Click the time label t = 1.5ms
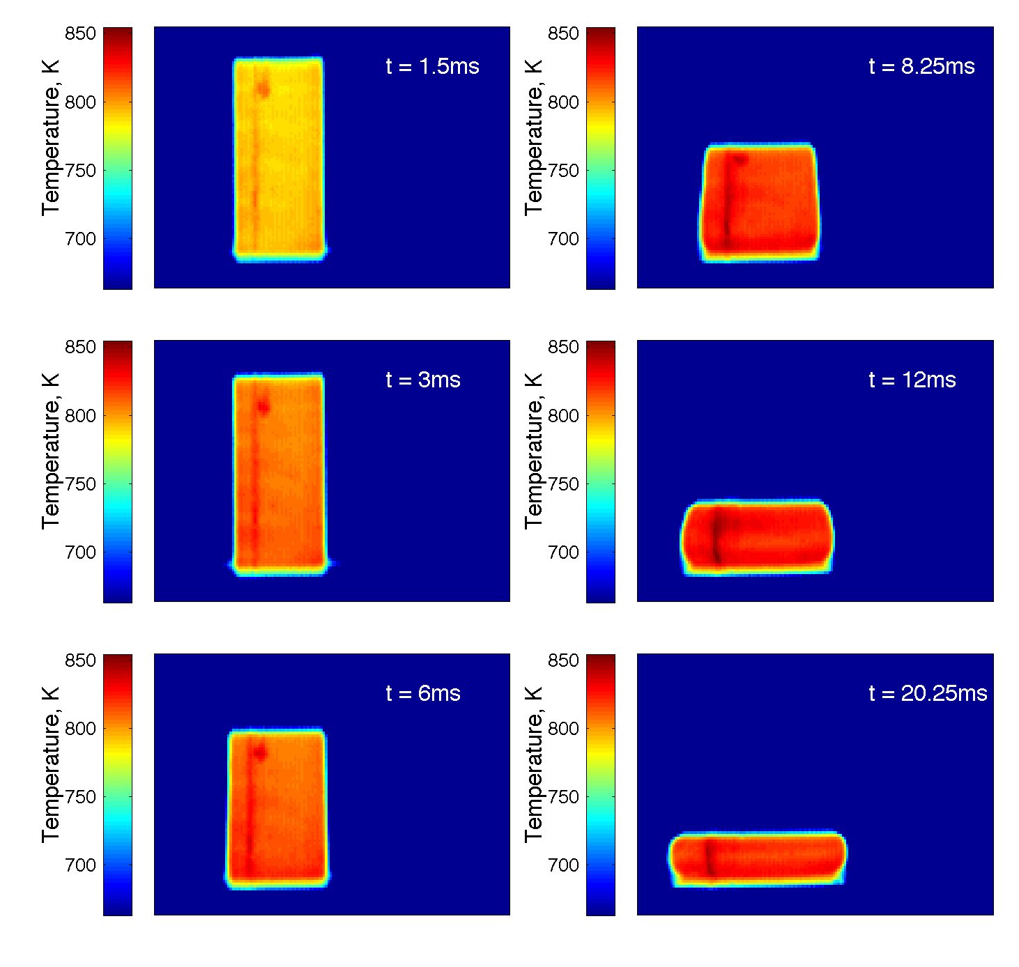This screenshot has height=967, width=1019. pyautogui.click(x=432, y=67)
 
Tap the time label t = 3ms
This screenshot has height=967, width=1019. pyautogui.click(x=423, y=380)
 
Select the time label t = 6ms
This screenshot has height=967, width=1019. pyautogui.click(x=423, y=694)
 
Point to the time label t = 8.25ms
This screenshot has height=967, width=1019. pyautogui.click(x=921, y=67)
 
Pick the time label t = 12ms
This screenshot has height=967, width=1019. pyautogui.click(x=912, y=380)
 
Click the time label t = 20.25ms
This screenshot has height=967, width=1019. pyautogui.click(x=928, y=694)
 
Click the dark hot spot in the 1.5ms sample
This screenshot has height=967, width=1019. pyautogui.click(x=263, y=89)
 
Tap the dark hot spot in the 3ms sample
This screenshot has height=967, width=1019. pyautogui.click(x=263, y=408)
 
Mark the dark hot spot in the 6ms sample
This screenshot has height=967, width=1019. pyautogui.click(x=260, y=752)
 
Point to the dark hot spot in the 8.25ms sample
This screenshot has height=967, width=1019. pyautogui.click(x=740, y=160)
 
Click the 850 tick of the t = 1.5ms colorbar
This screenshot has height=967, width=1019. pyautogui.click(x=79, y=33)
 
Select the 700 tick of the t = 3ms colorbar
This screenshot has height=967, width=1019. pyautogui.click(x=79, y=552)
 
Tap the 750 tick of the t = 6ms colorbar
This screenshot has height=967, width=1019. pyautogui.click(x=79, y=797)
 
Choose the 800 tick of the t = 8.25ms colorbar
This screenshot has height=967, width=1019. pyautogui.click(x=563, y=102)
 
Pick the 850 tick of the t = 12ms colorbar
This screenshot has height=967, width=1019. pyautogui.click(x=563, y=347)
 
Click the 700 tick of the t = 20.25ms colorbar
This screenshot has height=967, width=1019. pyautogui.click(x=563, y=865)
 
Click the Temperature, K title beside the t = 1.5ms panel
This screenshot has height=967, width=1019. pyautogui.click(x=50, y=137)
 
